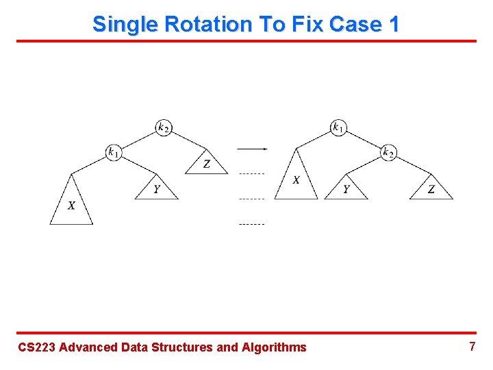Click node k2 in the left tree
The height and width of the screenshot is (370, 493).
[x=164, y=127]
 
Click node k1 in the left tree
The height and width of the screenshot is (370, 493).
[x=114, y=152]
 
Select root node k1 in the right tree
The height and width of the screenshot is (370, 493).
[x=338, y=127]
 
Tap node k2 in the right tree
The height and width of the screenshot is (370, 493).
[x=388, y=152]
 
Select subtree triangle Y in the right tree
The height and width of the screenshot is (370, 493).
[x=346, y=189]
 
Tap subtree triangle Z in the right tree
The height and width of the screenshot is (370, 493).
[x=431, y=189]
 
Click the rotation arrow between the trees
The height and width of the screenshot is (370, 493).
[x=251, y=148]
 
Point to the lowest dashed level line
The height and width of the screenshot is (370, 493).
[x=251, y=224]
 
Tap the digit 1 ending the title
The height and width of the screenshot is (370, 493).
[x=393, y=24]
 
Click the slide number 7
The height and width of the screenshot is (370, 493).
[x=472, y=347]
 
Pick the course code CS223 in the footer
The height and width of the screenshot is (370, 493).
[x=36, y=347]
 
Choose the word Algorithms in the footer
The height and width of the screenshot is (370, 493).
[x=274, y=347]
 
